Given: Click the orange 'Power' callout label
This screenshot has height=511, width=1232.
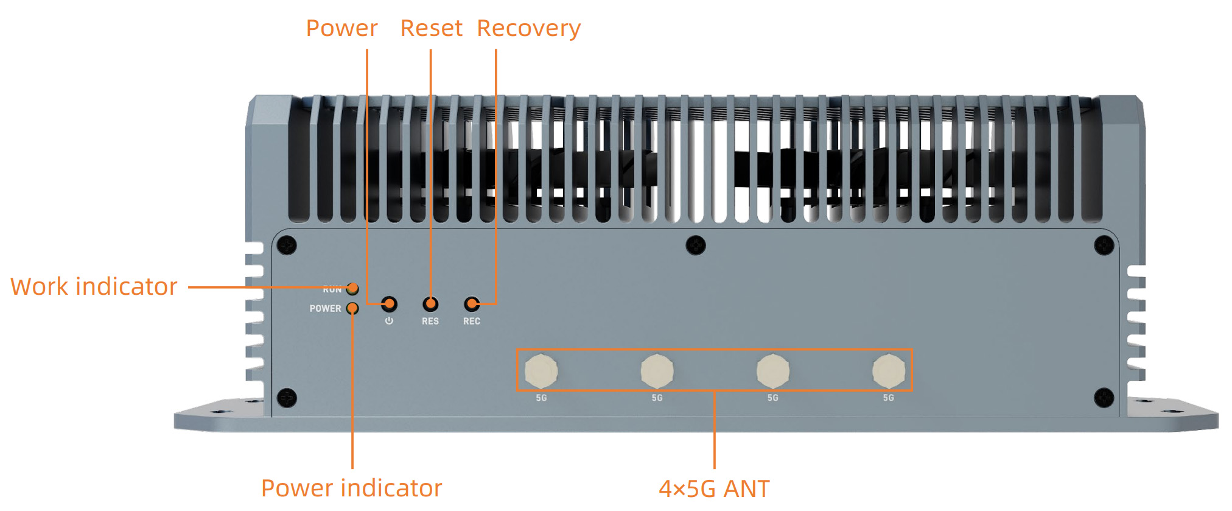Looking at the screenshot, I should click(x=341, y=28).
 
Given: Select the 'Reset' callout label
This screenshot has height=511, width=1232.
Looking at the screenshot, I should click(x=431, y=28).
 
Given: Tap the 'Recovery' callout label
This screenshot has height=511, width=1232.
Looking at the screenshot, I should click(x=528, y=28).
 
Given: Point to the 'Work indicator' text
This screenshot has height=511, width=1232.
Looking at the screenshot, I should click(x=94, y=286).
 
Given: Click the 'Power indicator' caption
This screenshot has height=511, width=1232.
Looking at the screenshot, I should click(x=351, y=488).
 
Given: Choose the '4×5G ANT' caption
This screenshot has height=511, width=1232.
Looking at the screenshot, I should click(x=714, y=488).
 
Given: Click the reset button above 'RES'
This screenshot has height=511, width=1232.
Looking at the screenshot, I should click(x=430, y=303).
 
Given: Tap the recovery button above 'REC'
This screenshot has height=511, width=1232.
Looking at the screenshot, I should click(x=472, y=303).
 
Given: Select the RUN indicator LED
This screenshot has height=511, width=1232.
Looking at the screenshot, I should click(x=352, y=288).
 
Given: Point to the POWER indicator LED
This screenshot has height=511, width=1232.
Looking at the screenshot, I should click(x=352, y=308).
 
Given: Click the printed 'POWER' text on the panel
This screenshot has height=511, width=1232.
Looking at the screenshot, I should click(x=325, y=309).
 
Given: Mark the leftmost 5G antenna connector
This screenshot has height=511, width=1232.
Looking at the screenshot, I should click(x=541, y=370).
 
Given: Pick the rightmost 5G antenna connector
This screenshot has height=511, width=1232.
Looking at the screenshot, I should click(x=888, y=370).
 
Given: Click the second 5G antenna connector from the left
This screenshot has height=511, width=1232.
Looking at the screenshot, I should click(x=657, y=370).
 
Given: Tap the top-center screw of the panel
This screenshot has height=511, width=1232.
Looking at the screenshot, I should click(x=696, y=245).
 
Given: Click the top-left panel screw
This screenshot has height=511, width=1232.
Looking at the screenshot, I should click(x=287, y=245).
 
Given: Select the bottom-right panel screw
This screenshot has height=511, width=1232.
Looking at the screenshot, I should click(x=1104, y=398).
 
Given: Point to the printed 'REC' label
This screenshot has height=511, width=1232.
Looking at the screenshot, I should click(x=472, y=321).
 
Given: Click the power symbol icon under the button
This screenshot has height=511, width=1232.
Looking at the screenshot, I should click(x=389, y=321).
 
